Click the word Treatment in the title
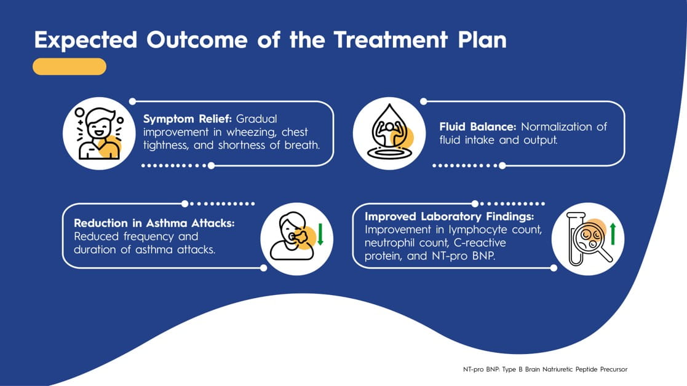click(x=391, y=40)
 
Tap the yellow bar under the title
click(x=69, y=66)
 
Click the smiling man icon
click(x=99, y=133)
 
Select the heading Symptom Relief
click(x=187, y=119)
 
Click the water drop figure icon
click(x=389, y=132)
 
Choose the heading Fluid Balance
click(x=477, y=127)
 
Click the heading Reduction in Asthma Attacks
click(x=154, y=223)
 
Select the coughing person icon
click(x=293, y=237)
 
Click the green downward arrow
click(x=320, y=234)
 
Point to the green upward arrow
click(x=613, y=234)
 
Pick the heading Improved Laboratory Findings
click(x=450, y=216)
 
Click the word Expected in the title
click(x=86, y=41)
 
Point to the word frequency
click(x=149, y=237)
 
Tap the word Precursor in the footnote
click(x=613, y=369)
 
